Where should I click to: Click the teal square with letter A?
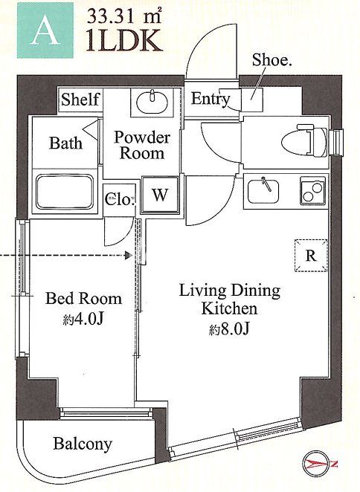(45, 30)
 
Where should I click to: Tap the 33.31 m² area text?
(124, 16)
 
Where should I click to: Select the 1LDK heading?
(125, 40)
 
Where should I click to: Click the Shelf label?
(80, 100)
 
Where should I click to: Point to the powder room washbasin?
(152, 103)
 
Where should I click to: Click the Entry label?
(210, 99)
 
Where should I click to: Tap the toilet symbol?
(306, 140)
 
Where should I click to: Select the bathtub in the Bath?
(65, 192)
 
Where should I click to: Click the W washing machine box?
(160, 195)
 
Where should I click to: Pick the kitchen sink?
(263, 191)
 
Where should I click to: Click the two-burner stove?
(313, 191)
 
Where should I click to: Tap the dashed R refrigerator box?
(311, 256)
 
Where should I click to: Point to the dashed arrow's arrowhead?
(129, 256)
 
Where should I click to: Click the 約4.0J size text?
(83, 319)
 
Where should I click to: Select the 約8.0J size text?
(230, 329)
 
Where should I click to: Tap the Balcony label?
(83, 444)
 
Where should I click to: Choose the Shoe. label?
(272, 59)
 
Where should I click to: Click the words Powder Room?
(142, 145)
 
